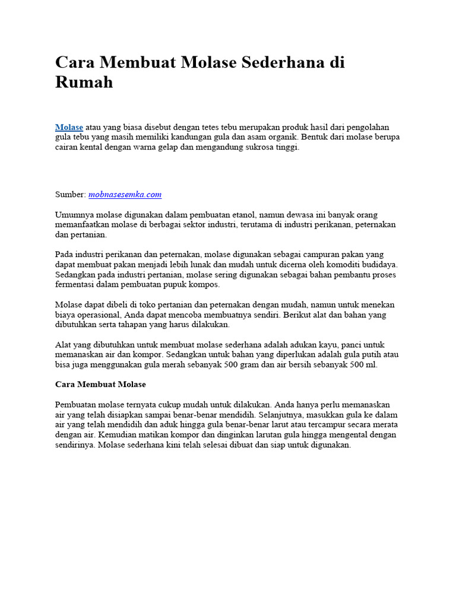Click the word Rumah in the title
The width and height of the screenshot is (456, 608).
pyautogui.click(x=84, y=82)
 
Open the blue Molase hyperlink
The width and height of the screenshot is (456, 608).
pyautogui.click(x=69, y=127)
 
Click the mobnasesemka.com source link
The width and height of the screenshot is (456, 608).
pyautogui.click(x=125, y=194)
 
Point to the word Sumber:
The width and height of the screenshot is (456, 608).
pyautogui.click(x=71, y=194)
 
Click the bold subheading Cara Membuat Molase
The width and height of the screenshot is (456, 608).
pyautogui.click(x=100, y=384)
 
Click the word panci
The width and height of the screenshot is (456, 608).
pyautogui.click(x=352, y=344)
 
